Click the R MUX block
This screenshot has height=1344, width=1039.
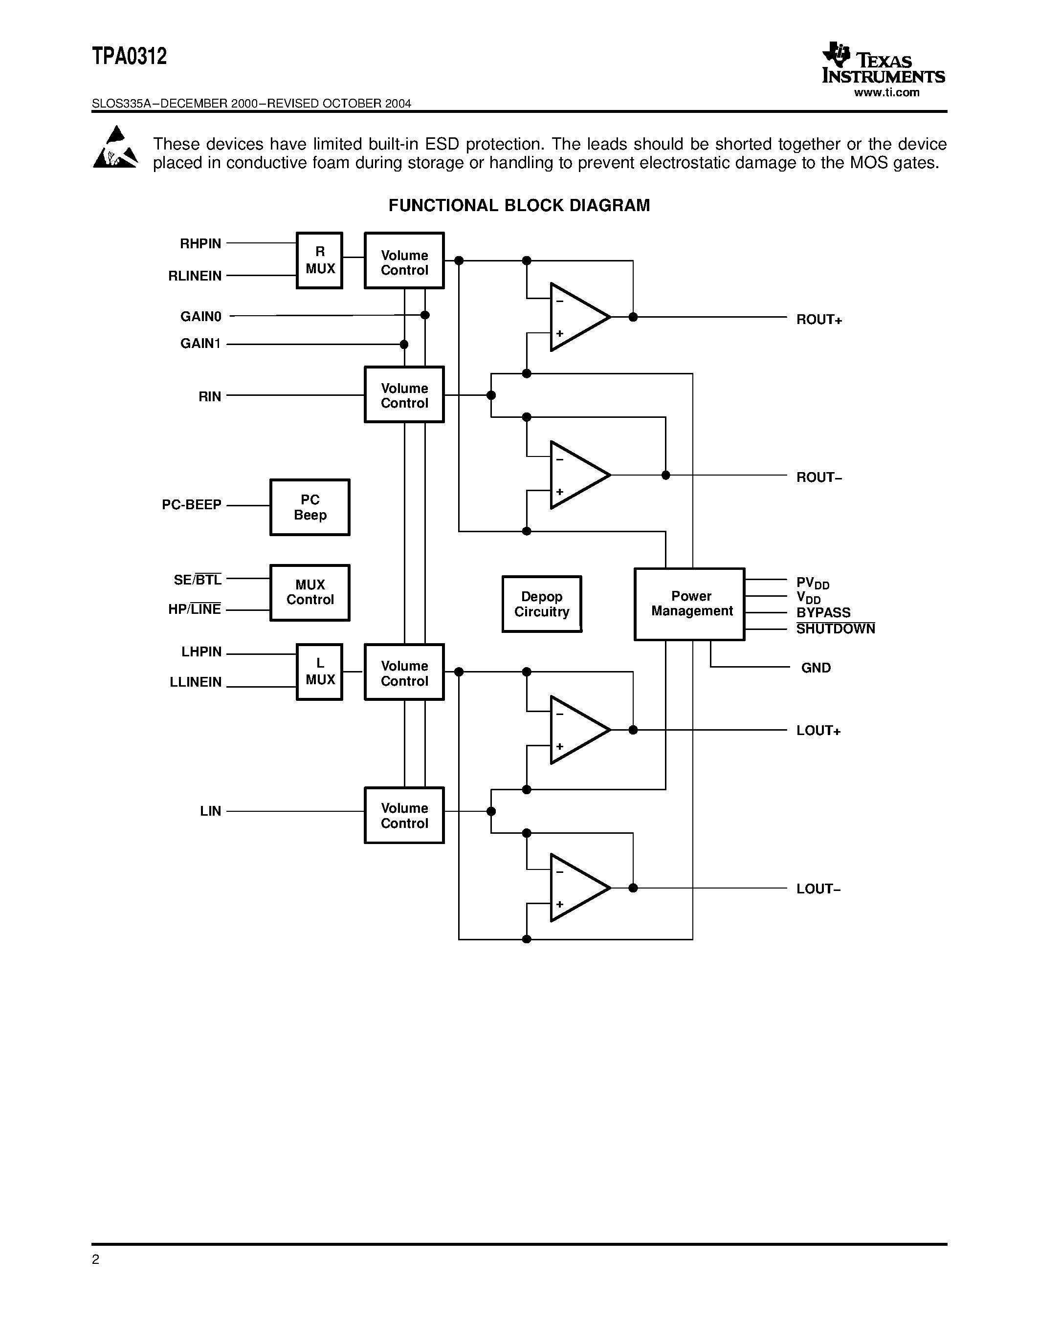(319, 260)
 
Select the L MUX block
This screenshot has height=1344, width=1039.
(319, 672)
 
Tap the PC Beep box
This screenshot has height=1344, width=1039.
(309, 507)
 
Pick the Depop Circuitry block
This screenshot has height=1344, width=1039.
(542, 604)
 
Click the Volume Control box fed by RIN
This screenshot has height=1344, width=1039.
(404, 394)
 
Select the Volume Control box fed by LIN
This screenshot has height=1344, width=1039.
(404, 815)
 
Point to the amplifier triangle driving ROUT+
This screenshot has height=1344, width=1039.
(576, 317)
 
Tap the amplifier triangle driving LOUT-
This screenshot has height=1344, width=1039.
(576, 888)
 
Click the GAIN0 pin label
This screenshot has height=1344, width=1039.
(200, 316)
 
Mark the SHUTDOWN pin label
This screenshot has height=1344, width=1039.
(835, 629)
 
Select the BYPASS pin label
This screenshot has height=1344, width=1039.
(823, 612)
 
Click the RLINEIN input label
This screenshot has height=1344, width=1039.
(195, 276)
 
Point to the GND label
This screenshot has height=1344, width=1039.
(816, 668)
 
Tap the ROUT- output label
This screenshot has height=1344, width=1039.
(818, 477)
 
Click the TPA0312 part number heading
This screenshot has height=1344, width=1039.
(129, 57)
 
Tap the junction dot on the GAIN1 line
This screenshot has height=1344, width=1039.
(404, 344)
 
